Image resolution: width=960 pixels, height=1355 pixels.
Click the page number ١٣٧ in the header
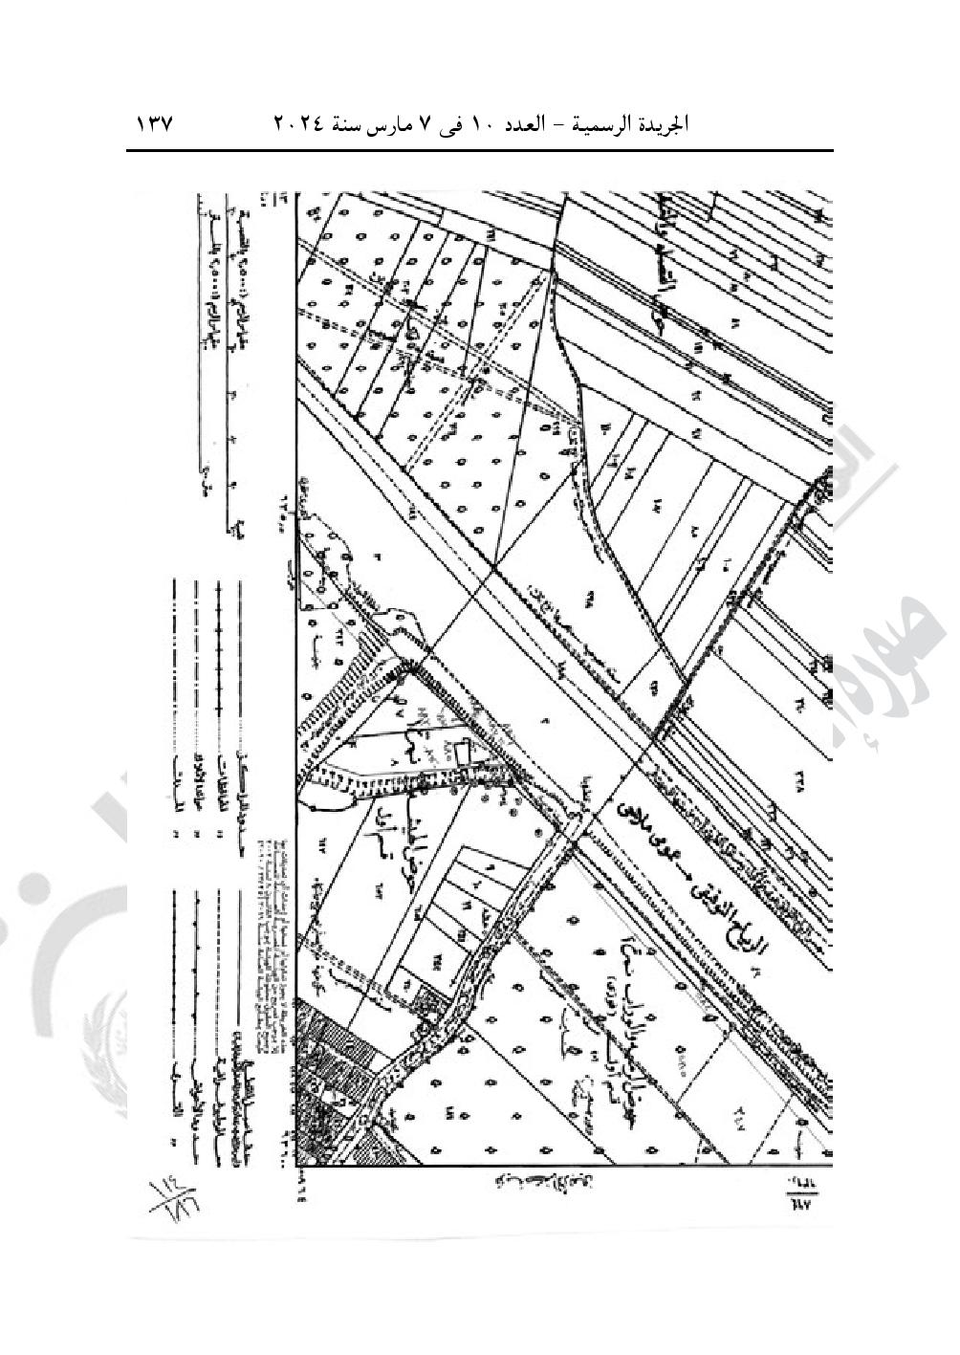click(153, 125)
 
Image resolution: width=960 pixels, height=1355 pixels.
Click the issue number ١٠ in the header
click(482, 125)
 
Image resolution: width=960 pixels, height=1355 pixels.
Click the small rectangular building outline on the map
click(464, 755)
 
